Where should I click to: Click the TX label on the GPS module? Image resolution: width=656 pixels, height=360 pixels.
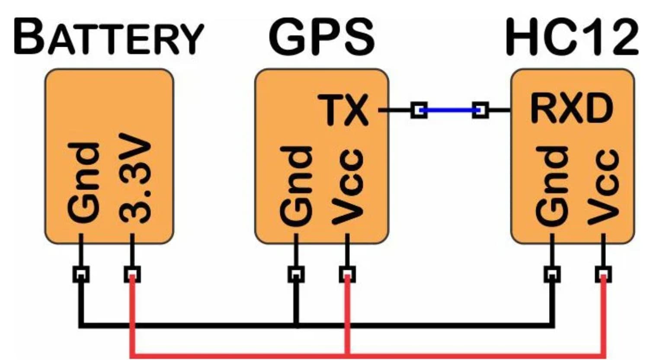click(x=343, y=110)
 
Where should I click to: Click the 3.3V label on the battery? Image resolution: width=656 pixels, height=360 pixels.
click(x=135, y=178)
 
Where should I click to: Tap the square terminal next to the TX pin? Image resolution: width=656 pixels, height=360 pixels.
click(x=419, y=110)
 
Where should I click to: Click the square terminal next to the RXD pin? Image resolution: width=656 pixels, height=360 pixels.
click(x=480, y=110)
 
